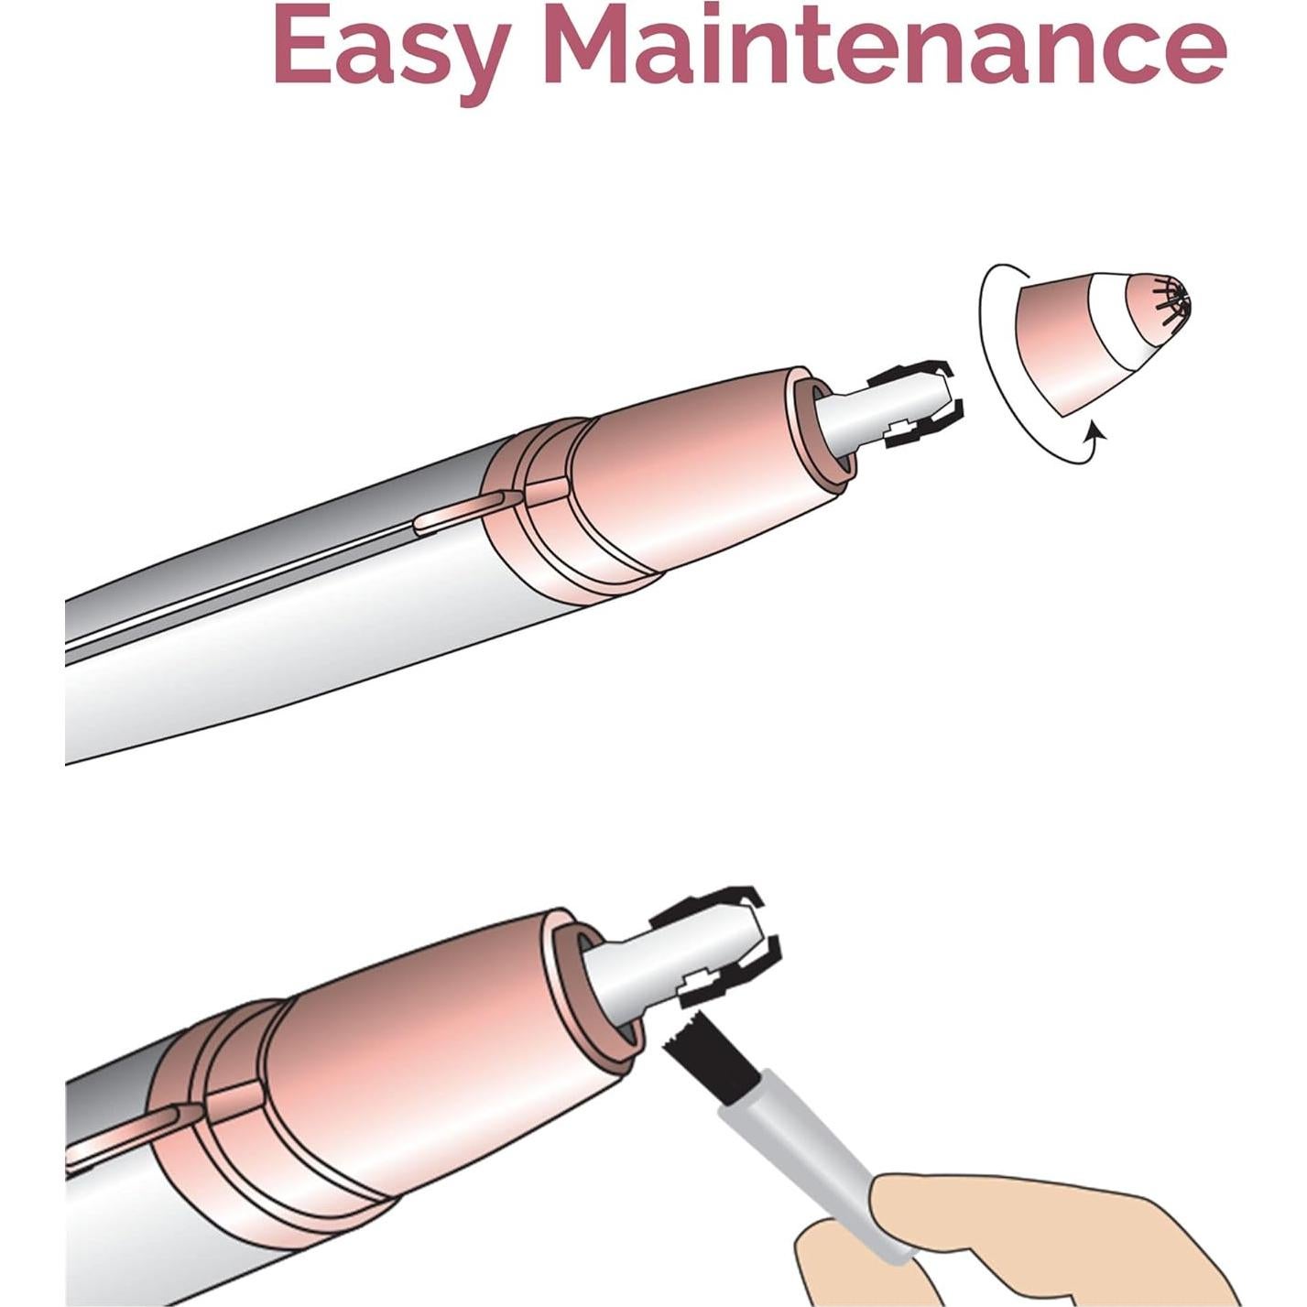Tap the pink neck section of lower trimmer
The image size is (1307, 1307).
(440, 1053)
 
